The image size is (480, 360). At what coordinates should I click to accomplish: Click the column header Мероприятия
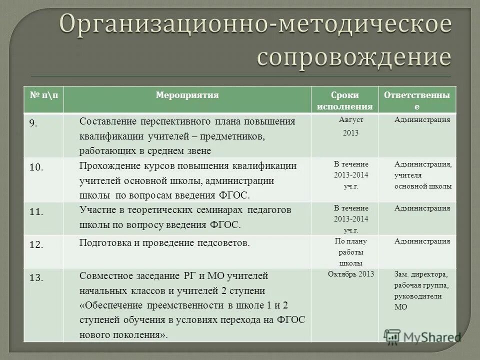[187, 95]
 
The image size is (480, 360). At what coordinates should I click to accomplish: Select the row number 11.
[36, 211]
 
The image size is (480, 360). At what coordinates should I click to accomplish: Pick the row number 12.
[36, 245]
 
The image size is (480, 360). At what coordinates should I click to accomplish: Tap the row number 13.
[36, 278]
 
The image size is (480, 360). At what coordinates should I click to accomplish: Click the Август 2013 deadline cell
[350, 126]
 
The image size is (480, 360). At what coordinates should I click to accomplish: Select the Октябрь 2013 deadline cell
[351, 274]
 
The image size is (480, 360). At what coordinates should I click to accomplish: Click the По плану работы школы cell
[350, 251]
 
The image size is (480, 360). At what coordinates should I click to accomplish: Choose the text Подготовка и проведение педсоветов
[164, 243]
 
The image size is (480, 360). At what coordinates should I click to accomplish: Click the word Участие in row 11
[95, 209]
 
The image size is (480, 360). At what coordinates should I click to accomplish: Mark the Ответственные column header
[419, 100]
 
